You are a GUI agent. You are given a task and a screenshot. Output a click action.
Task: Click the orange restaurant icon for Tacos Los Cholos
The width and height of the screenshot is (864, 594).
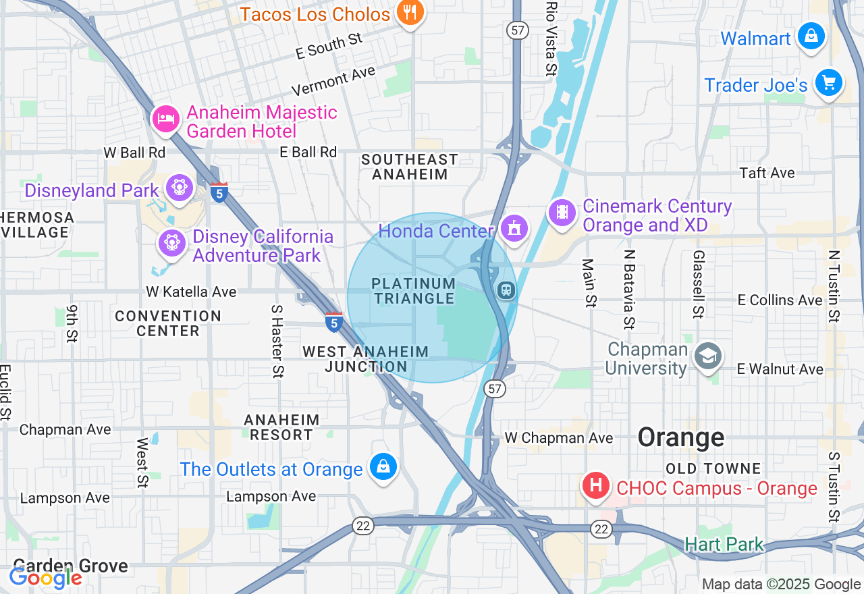tap(409, 11)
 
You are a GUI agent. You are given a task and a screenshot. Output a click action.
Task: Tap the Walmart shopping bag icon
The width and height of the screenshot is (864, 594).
tap(811, 36)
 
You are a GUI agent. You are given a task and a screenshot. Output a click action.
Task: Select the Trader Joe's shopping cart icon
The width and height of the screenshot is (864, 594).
tap(828, 83)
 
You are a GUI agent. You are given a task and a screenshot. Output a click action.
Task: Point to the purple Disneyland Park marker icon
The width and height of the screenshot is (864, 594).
tap(180, 188)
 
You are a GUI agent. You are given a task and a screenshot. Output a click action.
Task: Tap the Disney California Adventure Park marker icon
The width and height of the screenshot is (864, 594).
tap(171, 242)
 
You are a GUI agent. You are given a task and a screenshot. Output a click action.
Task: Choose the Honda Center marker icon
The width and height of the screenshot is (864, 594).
tap(514, 229)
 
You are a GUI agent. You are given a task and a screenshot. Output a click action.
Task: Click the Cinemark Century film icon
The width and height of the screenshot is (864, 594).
tap(562, 213)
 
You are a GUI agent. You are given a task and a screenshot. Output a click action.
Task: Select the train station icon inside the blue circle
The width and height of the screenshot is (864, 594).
tap(506, 290)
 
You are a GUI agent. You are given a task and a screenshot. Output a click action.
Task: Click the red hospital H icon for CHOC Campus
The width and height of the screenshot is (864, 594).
tap(596, 486)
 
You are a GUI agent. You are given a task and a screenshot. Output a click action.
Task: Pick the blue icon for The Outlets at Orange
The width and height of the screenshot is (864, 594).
tap(383, 466)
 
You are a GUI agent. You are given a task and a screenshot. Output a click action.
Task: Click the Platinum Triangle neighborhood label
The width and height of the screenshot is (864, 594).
tap(414, 291)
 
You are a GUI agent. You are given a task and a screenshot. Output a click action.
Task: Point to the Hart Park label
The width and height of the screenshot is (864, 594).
tap(724, 544)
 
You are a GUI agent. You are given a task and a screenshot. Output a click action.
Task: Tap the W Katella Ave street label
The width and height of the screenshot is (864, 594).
tap(191, 292)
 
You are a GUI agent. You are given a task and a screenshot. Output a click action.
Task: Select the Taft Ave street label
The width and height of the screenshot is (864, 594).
tap(767, 173)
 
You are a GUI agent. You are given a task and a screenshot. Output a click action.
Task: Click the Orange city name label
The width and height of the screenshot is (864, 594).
tap(680, 437)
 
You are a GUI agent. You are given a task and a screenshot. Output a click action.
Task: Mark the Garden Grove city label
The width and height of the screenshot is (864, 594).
tap(70, 566)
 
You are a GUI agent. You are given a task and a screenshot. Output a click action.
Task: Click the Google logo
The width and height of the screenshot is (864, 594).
tap(45, 578)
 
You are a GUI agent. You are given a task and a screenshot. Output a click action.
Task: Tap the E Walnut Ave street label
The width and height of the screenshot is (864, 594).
tap(780, 369)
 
